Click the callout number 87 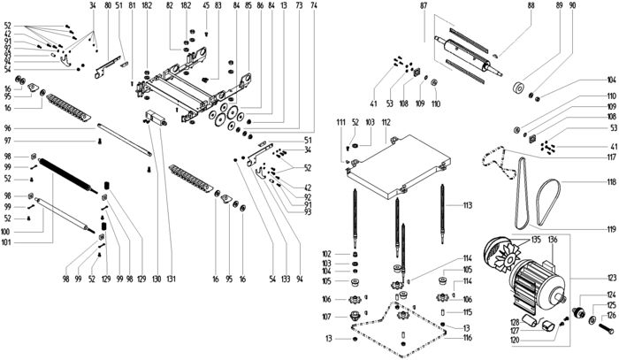click(424, 6)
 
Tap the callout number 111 click(340, 120)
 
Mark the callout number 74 click(314, 6)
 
